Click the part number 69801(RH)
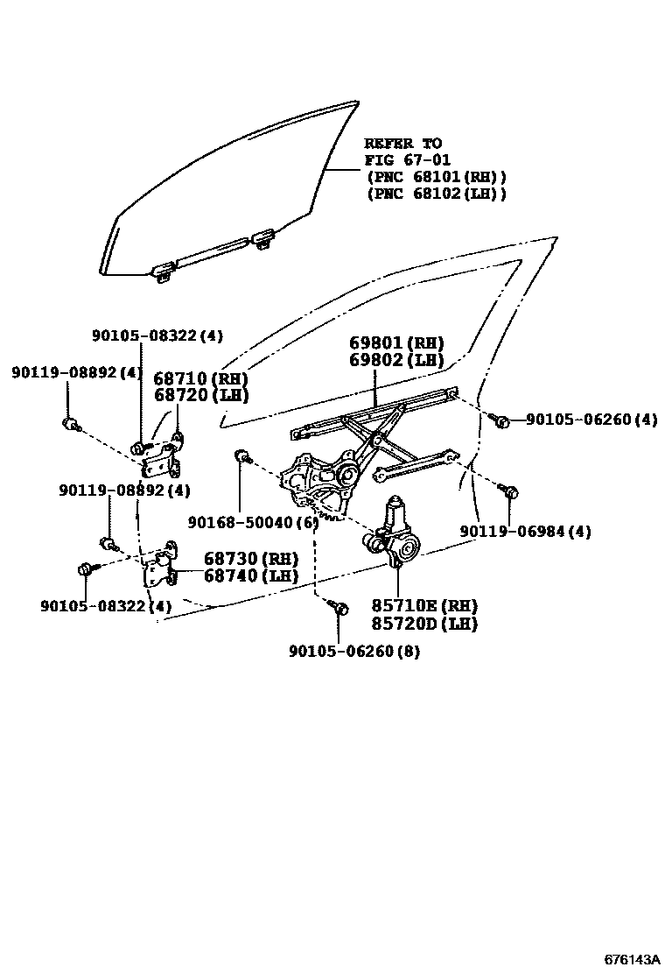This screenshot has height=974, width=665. pyautogui.click(x=396, y=342)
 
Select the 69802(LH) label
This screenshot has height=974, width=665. pyautogui.click(x=396, y=360)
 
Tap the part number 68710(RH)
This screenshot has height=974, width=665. pyautogui.click(x=201, y=378)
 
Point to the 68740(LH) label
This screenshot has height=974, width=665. pyautogui.click(x=251, y=575)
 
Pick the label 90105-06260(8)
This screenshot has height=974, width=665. pyautogui.click(x=353, y=652)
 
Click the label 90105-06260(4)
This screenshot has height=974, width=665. pyautogui.click(x=591, y=420)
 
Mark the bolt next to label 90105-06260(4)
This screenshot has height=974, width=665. pyautogui.click(x=500, y=421)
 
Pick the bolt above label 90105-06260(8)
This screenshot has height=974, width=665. pyautogui.click(x=339, y=607)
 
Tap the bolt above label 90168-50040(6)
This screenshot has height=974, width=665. pyautogui.click(x=242, y=456)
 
